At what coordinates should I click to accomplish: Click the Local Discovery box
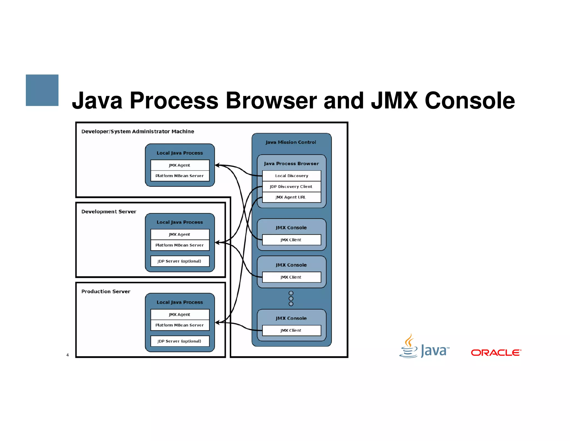291,176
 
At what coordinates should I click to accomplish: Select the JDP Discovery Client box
291,186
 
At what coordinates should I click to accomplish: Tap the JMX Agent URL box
291,197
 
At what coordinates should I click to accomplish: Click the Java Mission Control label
291,142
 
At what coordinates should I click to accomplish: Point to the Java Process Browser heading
291,164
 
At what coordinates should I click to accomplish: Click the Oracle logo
496,353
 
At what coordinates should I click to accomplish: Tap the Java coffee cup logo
409,346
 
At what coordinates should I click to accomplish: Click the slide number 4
68,355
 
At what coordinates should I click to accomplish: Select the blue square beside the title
42,90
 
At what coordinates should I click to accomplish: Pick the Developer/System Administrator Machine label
138,132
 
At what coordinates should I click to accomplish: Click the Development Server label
109,212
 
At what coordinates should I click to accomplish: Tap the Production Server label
106,291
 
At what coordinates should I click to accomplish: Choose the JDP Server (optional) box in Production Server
180,341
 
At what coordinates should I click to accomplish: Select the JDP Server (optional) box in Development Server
180,261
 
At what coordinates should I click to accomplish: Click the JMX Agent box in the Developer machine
180,165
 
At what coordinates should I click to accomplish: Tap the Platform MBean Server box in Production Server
180,325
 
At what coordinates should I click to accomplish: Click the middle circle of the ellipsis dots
291,299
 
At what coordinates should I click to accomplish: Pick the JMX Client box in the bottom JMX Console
291,330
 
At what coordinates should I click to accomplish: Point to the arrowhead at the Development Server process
217,243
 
